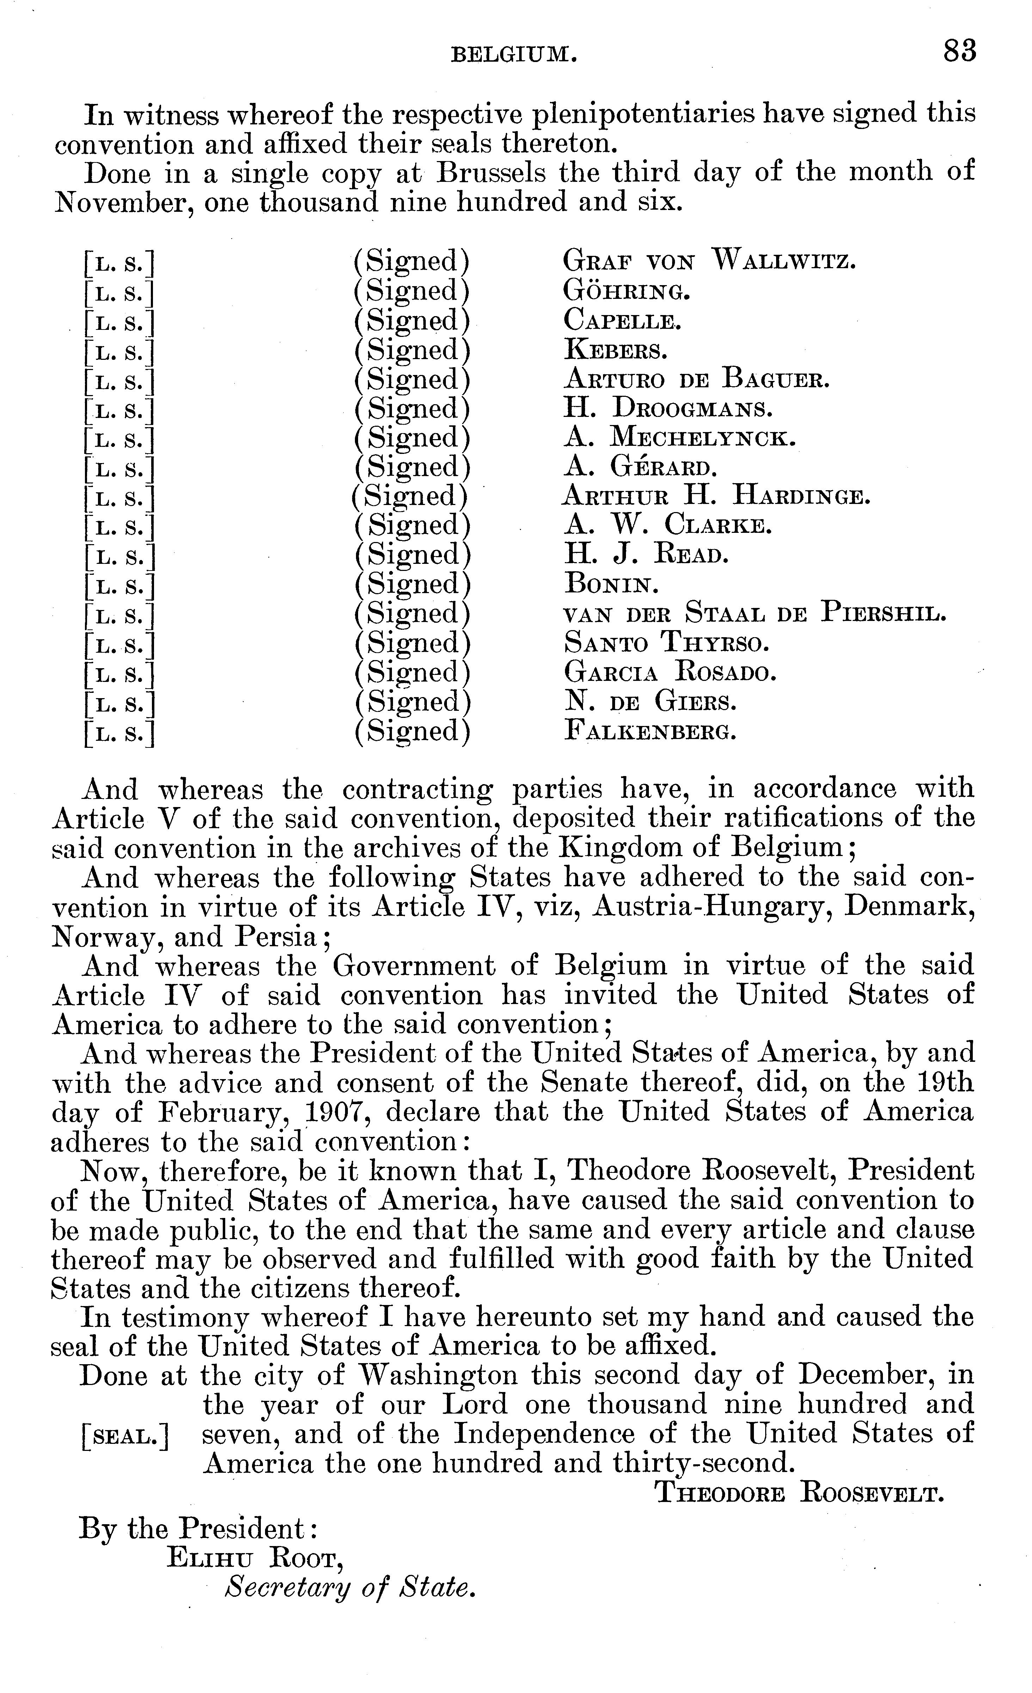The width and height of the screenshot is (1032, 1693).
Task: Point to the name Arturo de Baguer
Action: pyautogui.click(x=696, y=379)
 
